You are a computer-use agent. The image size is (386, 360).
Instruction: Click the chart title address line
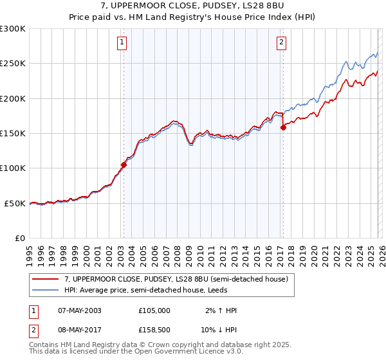coord(193,6)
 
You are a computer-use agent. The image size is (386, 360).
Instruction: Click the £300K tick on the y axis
coord(13,29)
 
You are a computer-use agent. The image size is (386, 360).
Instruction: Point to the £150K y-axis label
coord(13,134)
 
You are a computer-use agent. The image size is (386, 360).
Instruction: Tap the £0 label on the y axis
coord(21,239)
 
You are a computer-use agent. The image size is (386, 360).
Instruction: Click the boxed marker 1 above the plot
coord(122,43)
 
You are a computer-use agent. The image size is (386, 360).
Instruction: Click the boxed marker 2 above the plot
coord(282,43)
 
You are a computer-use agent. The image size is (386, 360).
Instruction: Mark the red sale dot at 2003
coord(124,165)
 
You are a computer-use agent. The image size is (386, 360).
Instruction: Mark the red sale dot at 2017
coord(283,127)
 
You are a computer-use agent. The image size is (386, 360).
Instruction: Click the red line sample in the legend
coord(46,279)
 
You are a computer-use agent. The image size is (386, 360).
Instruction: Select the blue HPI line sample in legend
coord(46,290)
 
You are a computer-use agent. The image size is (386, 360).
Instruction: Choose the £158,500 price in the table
coord(154,329)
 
